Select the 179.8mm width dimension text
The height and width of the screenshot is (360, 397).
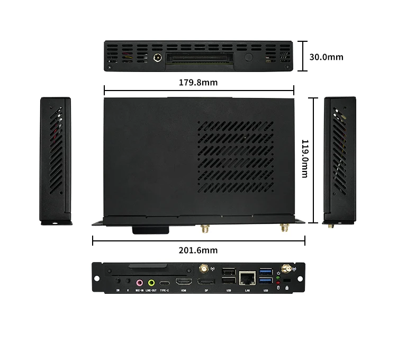coord(198,82)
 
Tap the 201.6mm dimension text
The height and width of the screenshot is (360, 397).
coord(198,250)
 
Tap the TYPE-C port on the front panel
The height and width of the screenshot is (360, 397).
coord(165,283)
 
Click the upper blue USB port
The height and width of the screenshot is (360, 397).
coord(266,272)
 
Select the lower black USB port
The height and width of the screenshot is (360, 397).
coord(229,282)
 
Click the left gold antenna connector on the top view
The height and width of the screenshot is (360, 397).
coord(203,229)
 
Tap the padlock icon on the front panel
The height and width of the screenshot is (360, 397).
coord(286,287)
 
